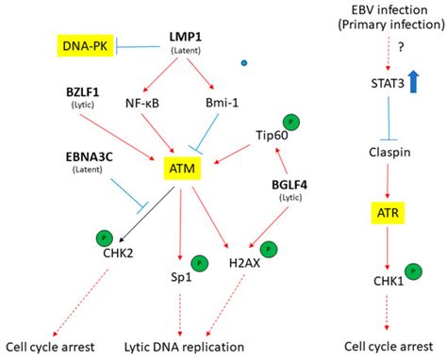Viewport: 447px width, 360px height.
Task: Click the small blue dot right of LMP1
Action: click(245, 64)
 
